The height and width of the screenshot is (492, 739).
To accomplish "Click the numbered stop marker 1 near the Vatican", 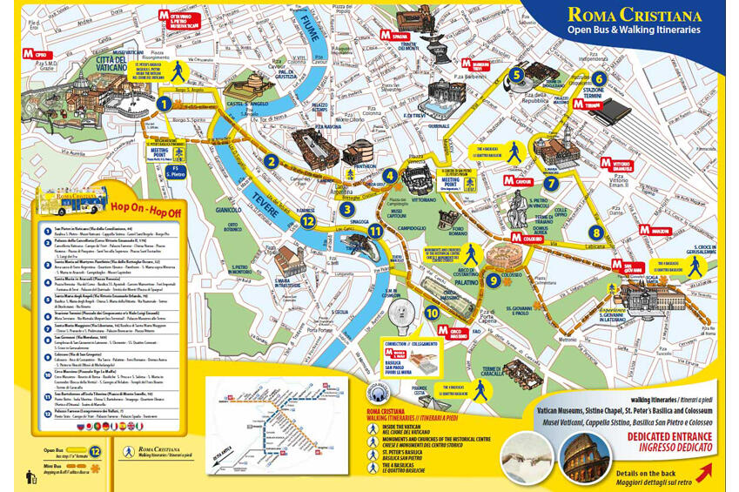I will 164,104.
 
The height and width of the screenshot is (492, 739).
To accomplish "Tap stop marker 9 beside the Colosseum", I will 493,280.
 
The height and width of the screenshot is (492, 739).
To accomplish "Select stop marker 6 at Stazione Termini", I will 598,79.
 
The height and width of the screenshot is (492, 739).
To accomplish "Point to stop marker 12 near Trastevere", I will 307,221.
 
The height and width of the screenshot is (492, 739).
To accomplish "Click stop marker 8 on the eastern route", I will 595,233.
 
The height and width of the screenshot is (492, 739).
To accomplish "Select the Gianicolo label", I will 228,210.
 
